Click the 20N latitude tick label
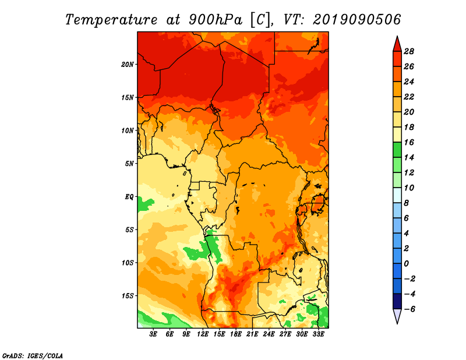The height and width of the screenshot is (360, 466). click(128, 64)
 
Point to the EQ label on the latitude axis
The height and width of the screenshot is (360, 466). click(129, 196)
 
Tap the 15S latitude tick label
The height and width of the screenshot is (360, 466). click(128, 296)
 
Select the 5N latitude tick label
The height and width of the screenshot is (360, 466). click(129, 164)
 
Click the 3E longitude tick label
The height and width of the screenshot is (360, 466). click(153, 334)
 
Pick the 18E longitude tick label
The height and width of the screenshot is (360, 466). click(236, 334)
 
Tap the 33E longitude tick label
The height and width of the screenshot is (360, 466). click(318, 334)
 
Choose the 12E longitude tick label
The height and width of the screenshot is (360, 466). click(203, 334)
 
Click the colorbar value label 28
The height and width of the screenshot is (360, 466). click(409, 51)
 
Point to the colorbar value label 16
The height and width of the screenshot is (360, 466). click(409, 142)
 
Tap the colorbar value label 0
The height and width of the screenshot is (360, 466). click(406, 264)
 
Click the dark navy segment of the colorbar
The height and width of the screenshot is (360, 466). click(397, 301)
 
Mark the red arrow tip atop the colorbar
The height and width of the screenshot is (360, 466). click(397, 36)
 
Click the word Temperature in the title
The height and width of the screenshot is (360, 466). click(111, 20)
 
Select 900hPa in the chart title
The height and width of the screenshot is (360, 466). click(216, 20)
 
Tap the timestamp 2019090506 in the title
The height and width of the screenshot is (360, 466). click(356, 20)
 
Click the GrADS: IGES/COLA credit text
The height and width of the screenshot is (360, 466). click(33, 355)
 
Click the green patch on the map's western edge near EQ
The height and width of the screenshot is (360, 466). click(146, 204)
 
